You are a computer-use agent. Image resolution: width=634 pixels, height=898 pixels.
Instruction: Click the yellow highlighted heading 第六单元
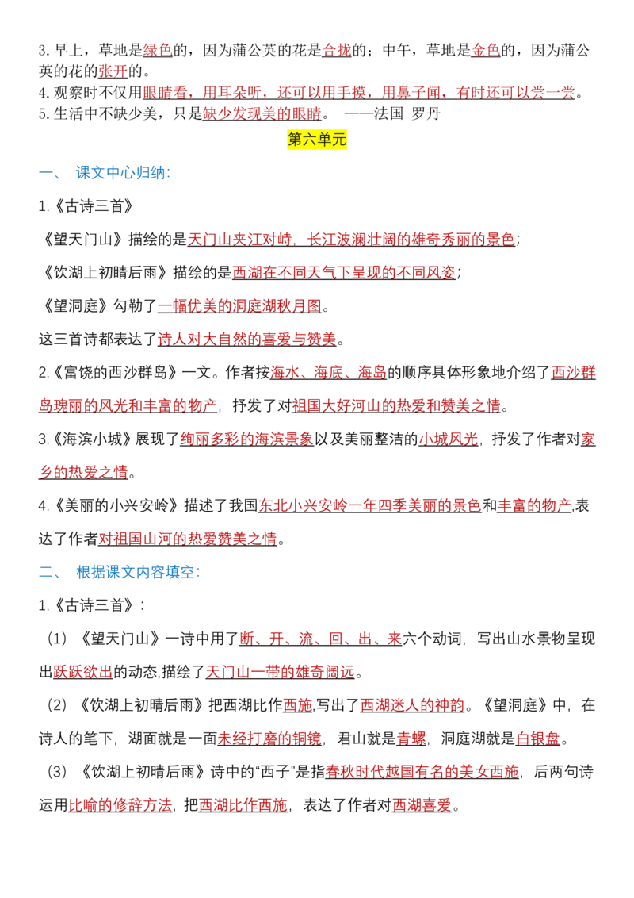click(x=317, y=139)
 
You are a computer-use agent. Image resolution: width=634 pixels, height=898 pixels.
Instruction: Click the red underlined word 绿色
click(x=158, y=51)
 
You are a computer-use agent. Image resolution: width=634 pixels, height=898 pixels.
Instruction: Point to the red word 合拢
click(x=337, y=51)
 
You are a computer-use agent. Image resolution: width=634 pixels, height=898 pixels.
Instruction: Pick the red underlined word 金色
click(x=486, y=51)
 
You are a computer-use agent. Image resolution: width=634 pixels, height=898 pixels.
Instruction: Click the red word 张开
click(x=113, y=71)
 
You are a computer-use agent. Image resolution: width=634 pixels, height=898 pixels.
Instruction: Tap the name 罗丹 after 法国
click(x=426, y=113)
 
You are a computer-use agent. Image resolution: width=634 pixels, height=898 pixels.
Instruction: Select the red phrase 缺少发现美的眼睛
click(x=262, y=113)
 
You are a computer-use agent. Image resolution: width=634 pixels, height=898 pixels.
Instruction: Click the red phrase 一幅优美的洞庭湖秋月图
click(x=240, y=306)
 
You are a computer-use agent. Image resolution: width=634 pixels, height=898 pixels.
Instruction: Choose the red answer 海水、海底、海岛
click(x=328, y=372)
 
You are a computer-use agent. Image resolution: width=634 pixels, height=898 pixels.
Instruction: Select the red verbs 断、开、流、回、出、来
click(x=321, y=638)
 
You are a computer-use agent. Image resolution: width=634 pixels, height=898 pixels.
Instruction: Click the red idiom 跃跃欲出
click(x=83, y=671)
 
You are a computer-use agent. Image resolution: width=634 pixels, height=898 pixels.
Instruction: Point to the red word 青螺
click(x=411, y=739)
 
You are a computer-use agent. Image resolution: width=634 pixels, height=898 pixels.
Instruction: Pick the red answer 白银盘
click(x=538, y=739)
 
